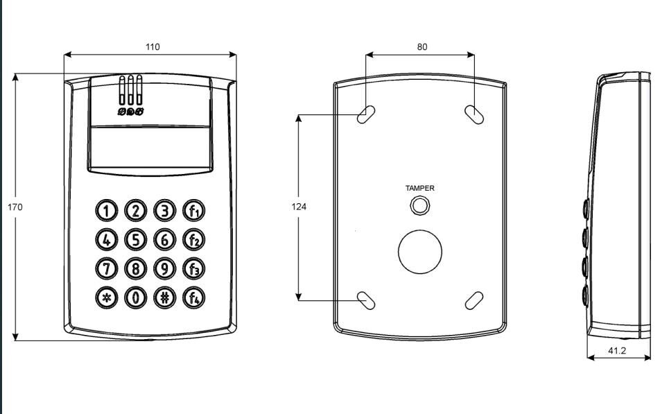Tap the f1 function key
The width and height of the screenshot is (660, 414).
pos(193,211)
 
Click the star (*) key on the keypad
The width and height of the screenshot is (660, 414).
pos(107,297)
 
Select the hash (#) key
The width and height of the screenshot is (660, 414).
pos(164,297)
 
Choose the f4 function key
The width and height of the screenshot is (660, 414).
pos(193,297)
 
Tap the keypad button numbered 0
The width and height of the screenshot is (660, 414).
pos(136,297)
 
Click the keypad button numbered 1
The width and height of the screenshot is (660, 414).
pos(107,211)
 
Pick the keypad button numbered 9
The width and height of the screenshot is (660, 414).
pos(164,268)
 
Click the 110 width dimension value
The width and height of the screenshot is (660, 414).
pos(153,46)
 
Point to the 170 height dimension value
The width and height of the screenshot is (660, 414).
pos(15,207)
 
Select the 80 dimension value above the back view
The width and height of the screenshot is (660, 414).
pos(422,46)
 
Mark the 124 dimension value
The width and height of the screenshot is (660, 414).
pos(299,207)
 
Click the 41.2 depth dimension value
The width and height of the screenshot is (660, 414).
pos(617,350)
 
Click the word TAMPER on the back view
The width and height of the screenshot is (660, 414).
pos(420,188)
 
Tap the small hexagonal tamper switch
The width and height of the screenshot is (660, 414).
pos(419,206)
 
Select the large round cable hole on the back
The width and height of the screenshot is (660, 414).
pos(420,252)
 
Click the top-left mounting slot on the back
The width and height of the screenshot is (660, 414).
pos(366,114)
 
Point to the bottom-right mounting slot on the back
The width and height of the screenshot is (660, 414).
pos(474,300)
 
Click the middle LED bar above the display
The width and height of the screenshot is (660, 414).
pos(130,90)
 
